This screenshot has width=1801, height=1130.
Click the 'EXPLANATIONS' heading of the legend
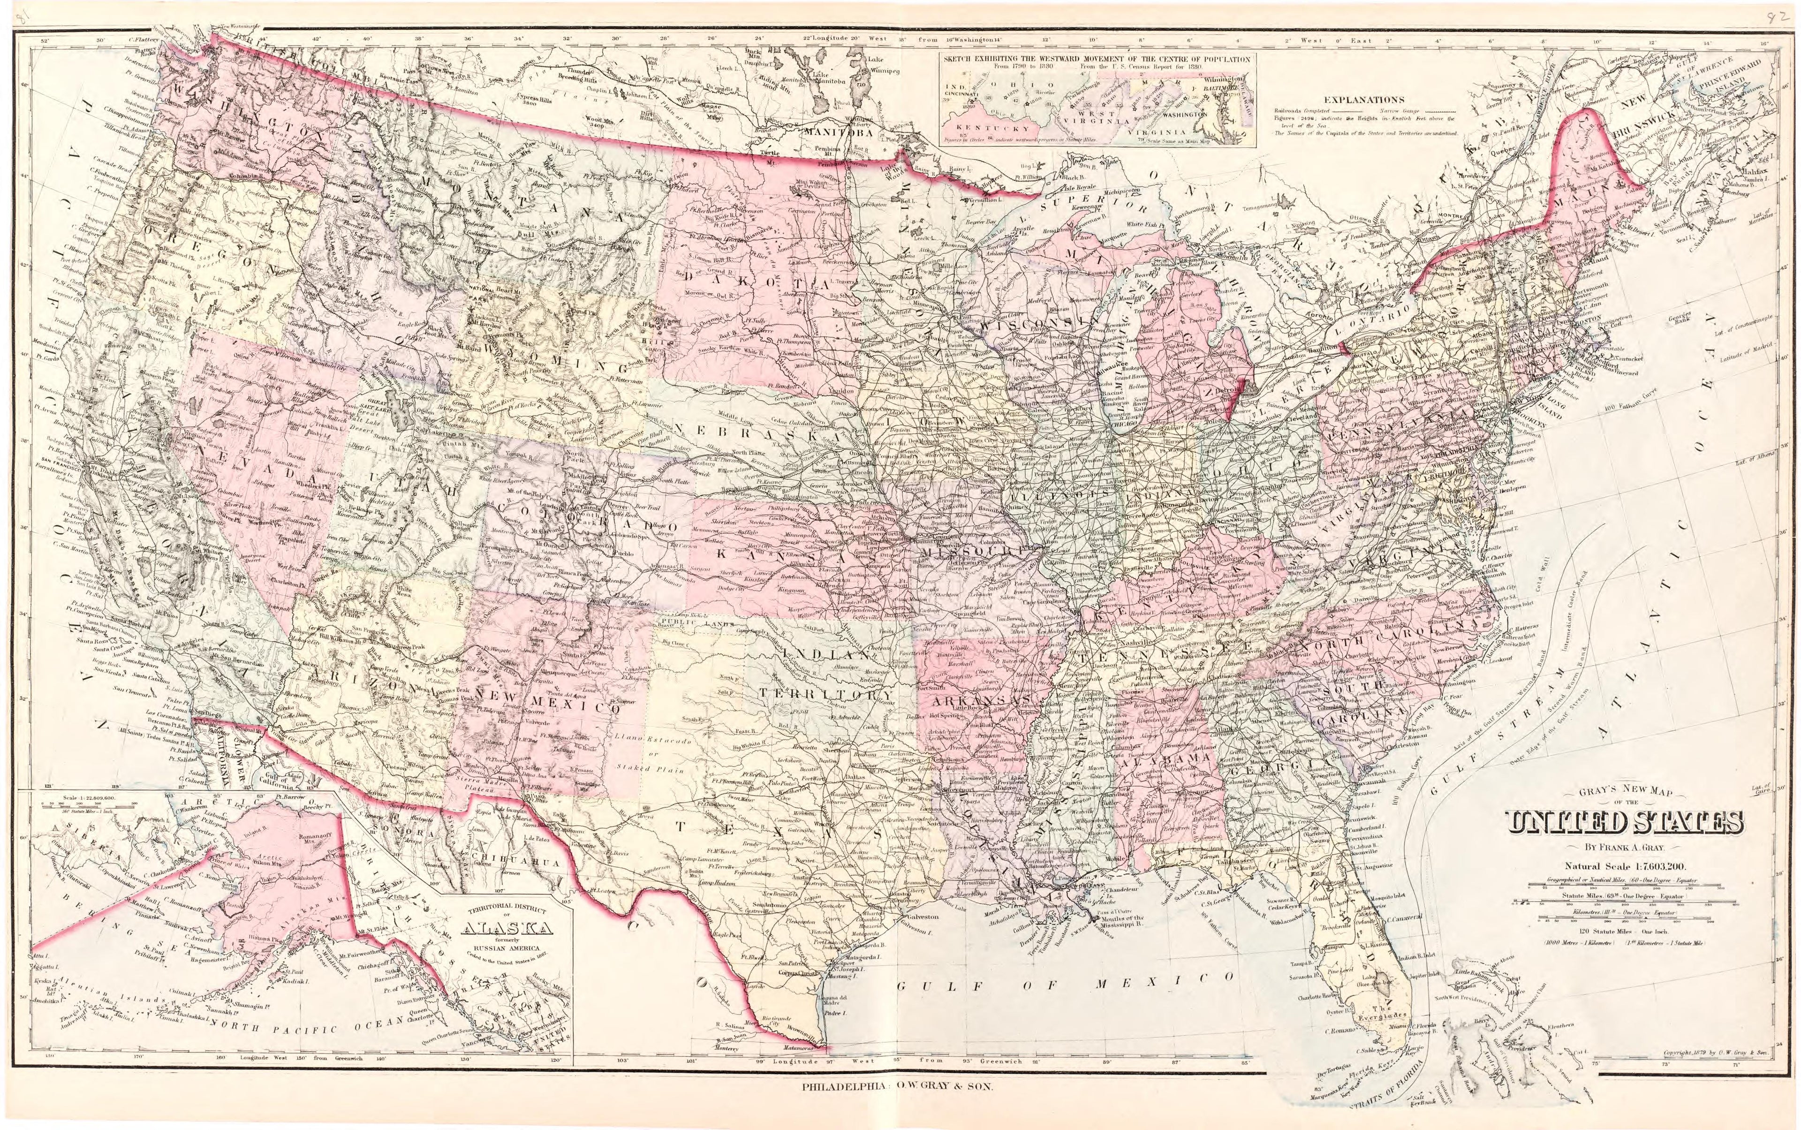[1364, 99]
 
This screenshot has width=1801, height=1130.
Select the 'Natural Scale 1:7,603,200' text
[1626, 866]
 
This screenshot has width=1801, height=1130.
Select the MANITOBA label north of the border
[839, 132]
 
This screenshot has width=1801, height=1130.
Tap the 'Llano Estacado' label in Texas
[635, 738]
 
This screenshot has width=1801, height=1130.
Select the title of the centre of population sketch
[1096, 58]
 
